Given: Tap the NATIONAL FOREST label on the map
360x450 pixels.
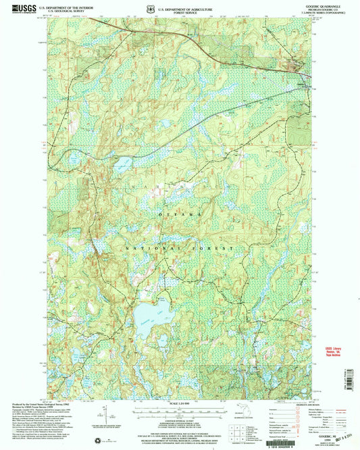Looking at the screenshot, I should click(180, 248).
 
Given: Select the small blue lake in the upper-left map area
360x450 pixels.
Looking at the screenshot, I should click(122, 163).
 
